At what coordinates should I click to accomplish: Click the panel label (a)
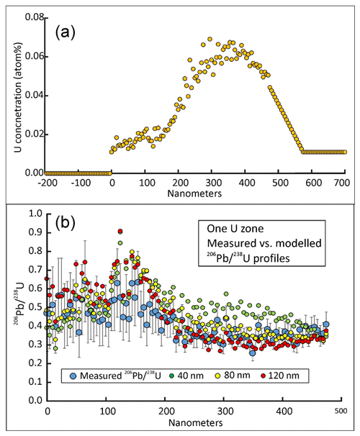pyautogui.click(x=65, y=33)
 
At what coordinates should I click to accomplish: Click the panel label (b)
pyautogui.click(x=65, y=223)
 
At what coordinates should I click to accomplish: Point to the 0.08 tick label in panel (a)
pyautogui.click(x=35, y=17)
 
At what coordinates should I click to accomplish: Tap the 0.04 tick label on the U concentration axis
pyautogui.click(x=35, y=96)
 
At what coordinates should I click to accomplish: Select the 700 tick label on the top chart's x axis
pyautogui.click(x=341, y=183)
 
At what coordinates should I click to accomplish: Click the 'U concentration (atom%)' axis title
pyautogui.click(x=18, y=98)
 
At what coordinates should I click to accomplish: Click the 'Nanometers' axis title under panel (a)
pyautogui.click(x=194, y=194)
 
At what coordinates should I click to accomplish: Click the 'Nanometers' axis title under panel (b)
pyautogui.click(x=196, y=423)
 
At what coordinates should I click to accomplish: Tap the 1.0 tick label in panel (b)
pyautogui.click(x=35, y=214)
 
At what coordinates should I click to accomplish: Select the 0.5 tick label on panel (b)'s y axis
pyautogui.click(x=35, y=307)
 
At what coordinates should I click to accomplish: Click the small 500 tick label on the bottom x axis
pyautogui.click(x=341, y=411)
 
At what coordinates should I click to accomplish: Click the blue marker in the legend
pyautogui.click(x=73, y=376)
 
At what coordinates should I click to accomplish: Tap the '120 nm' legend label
pyautogui.click(x=284, y=376)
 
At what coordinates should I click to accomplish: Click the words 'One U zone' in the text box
pyautogui.click(x=235, y=229)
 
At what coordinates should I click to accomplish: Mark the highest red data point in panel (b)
pyautogui.click(x=120, y=232)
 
